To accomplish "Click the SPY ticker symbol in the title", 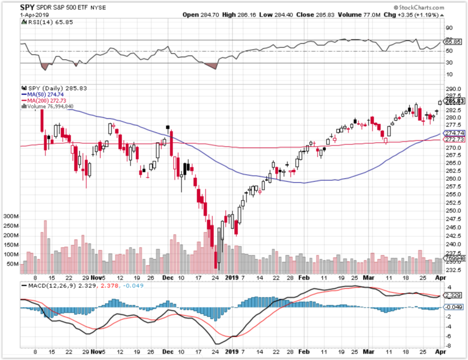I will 29,8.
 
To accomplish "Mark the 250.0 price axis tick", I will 452,211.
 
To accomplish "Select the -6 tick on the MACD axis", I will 450,336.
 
